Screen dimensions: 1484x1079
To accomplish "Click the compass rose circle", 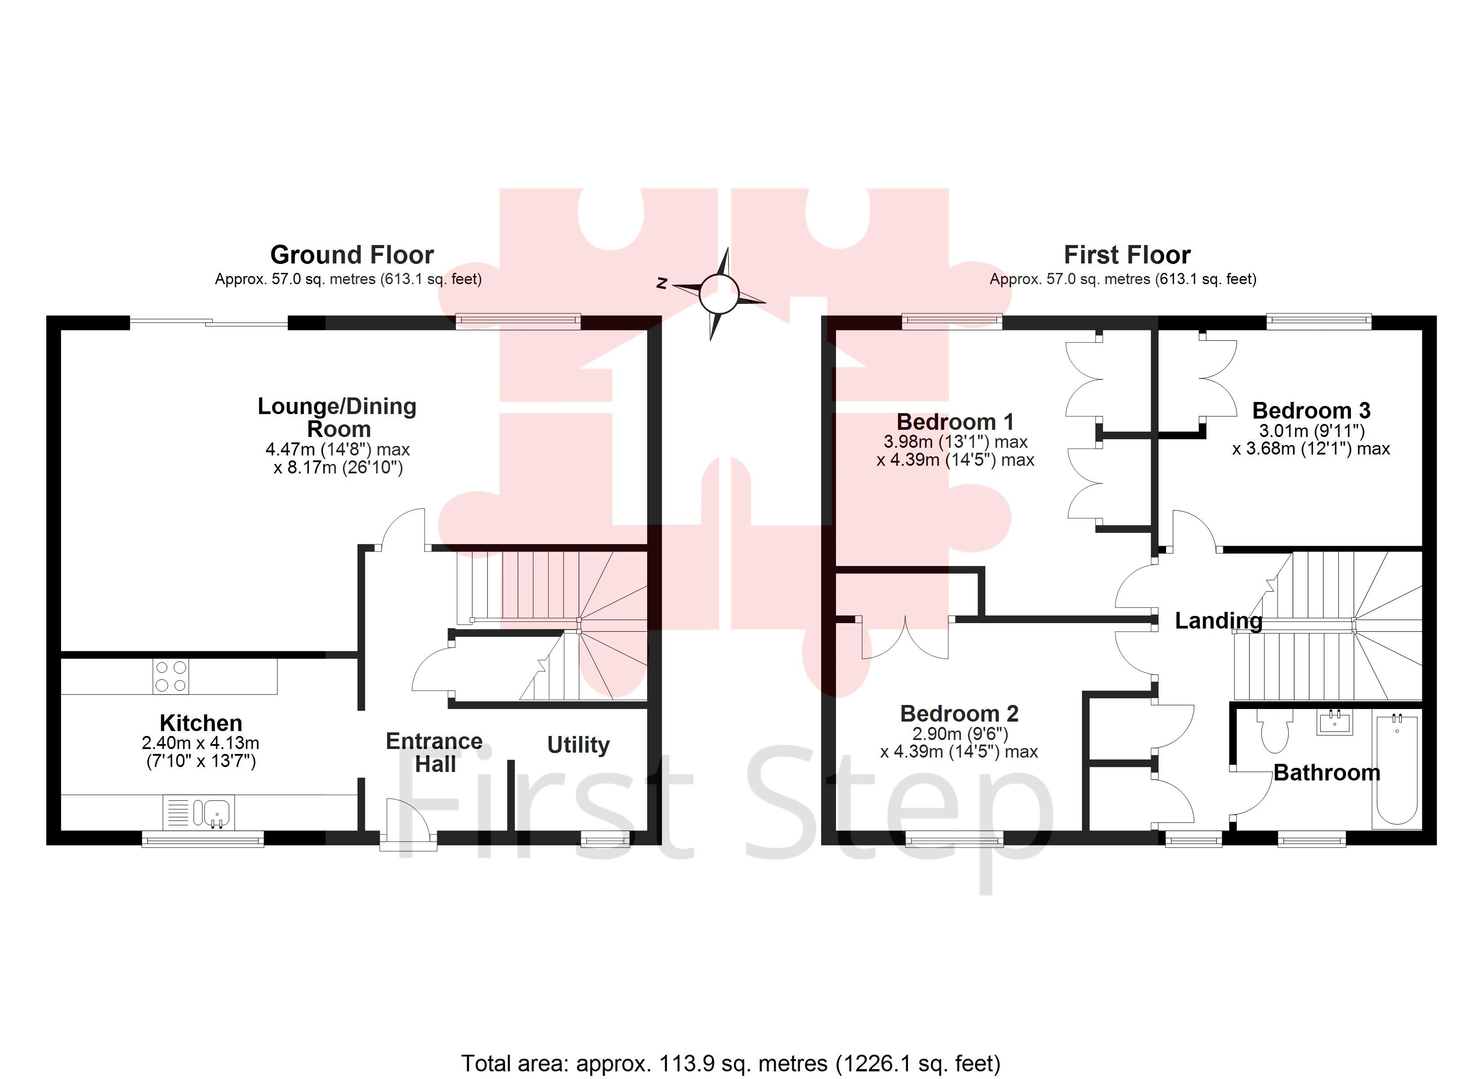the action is pos(719,294).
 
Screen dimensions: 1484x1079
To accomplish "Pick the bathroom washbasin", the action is pos(1334,722).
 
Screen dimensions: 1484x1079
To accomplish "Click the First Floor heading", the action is pos(1127,254).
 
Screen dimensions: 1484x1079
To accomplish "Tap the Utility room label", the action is pos(578,745).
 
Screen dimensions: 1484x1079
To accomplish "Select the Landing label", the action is pos(1218,620).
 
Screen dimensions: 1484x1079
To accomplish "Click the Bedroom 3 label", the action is pos(1310,410).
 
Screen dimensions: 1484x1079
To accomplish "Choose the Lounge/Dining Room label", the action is pos(338,418).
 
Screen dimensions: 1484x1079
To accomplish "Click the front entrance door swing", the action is pos(407,822).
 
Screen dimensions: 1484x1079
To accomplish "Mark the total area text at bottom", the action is pos(731,1063).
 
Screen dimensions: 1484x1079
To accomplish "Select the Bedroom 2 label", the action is pos(959,713).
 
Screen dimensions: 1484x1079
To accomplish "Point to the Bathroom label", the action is pos(1326,773).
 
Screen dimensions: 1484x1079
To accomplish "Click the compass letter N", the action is pos(662,283).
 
